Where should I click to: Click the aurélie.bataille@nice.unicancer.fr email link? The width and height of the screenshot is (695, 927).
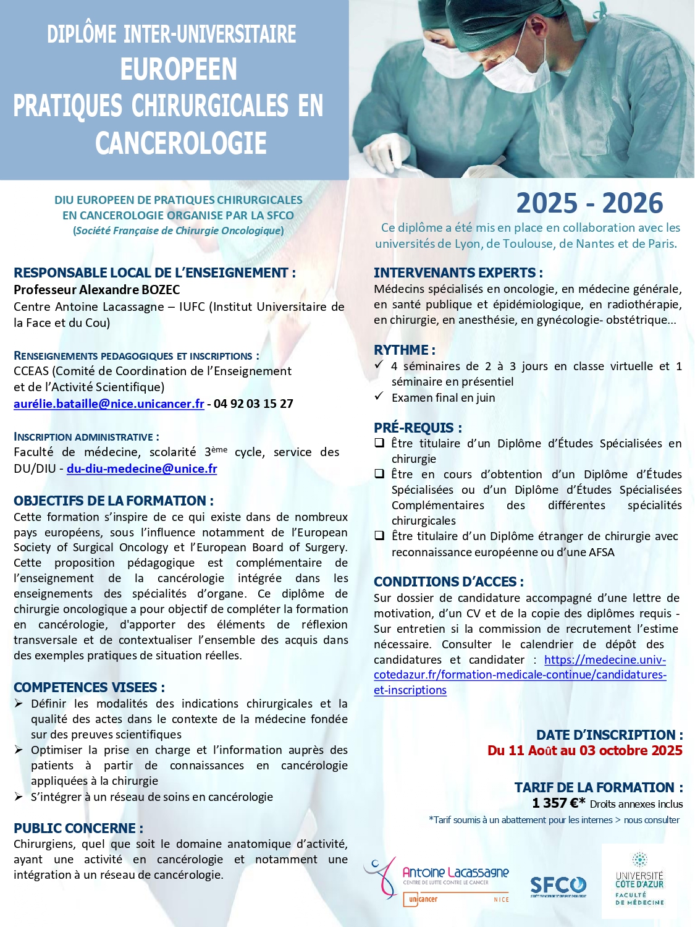tap(109, 404)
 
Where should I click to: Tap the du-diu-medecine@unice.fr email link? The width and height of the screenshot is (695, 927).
tap(141, 468)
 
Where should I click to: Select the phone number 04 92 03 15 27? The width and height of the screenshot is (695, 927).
tap(253, 404)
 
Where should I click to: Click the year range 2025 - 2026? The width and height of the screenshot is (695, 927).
tap(589, 203)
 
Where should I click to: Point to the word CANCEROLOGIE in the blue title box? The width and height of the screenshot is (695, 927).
tap(180, 143)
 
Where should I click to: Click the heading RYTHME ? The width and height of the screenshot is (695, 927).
tap(405, 350)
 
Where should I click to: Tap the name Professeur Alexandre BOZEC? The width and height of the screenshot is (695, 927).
tap(97, 289)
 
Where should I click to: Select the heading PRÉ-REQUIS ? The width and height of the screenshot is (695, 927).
tap(418, 428)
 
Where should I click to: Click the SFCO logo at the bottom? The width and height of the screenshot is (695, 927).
tap(558, 886)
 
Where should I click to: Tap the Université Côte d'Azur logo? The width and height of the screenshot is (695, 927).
tap(639, 880)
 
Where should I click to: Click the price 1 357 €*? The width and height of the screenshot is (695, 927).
tap(558, 803)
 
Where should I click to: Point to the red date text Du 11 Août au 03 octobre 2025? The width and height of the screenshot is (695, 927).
tap(584, 750)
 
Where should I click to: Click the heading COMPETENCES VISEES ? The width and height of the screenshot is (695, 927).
tap(89, 687)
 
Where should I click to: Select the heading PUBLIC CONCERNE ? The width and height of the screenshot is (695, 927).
tap(78, 828)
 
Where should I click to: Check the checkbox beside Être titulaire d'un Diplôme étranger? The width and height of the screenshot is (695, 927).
tap(379, 536)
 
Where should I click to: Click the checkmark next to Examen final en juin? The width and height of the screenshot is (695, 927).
tap(379, 396)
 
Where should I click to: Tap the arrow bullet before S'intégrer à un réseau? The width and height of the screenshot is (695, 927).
tap(19, 797)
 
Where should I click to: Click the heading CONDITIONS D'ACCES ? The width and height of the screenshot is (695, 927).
tap(449, 582)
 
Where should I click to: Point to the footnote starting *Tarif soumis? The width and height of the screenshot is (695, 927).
tap(554, 820)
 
